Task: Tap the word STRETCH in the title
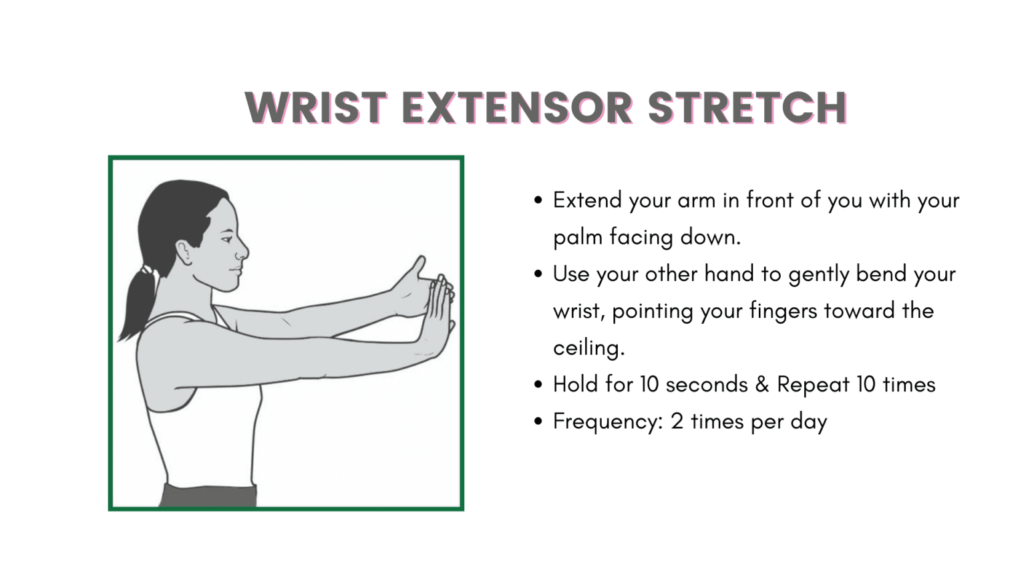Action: coord(747,108)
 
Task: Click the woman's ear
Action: coord(184,252)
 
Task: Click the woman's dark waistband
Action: coord(208,496)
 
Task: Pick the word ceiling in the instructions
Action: coord(588,348)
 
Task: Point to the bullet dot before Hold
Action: coord(538,385)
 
